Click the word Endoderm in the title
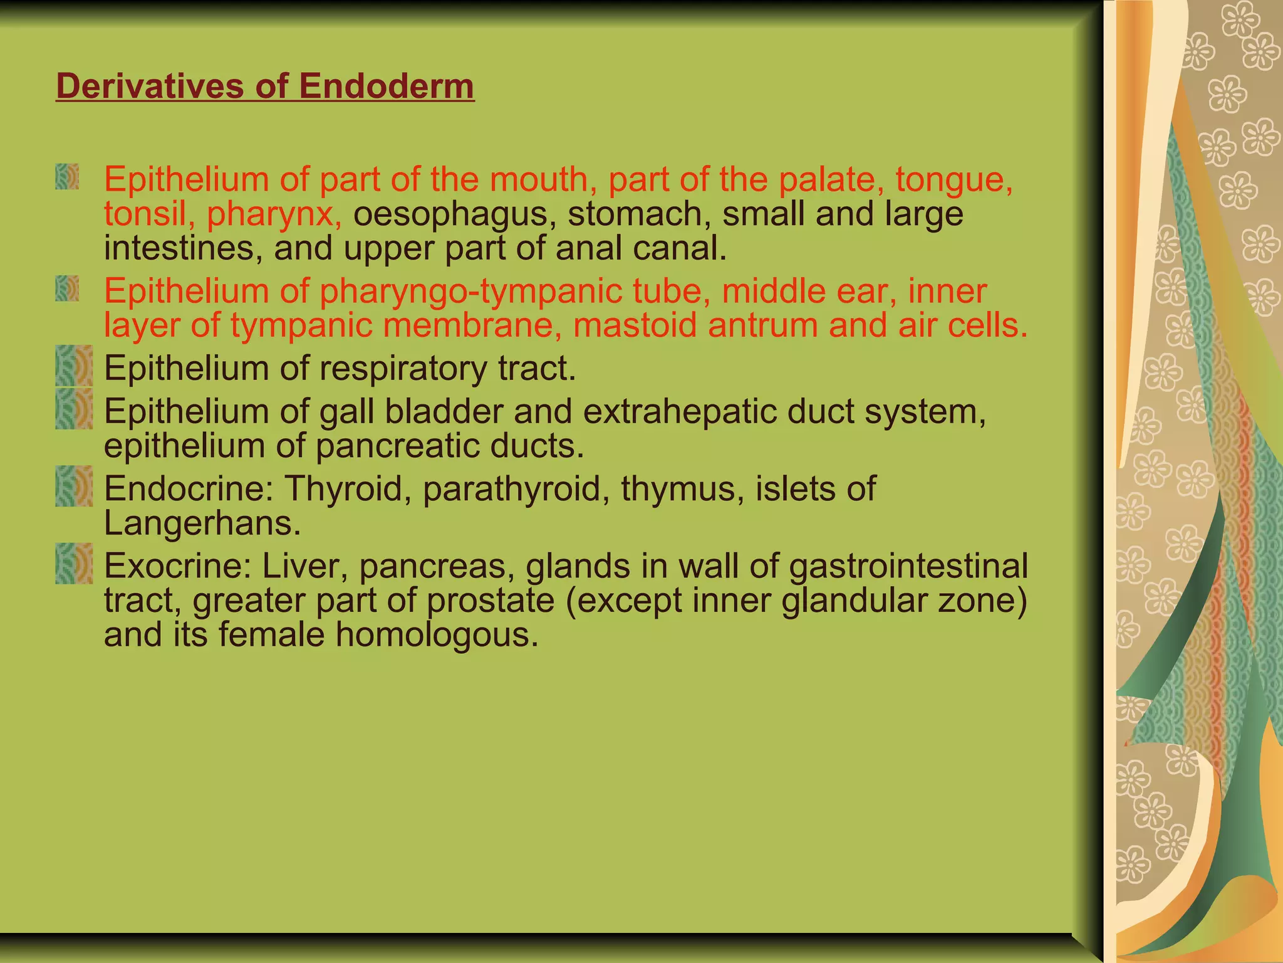point(386,86)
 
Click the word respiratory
point(403,369)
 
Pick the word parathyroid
point(511,490)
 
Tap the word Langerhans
point(202,524)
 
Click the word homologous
point(436,634)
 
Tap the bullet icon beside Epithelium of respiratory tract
point(74,366)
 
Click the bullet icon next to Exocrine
point(74,564)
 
